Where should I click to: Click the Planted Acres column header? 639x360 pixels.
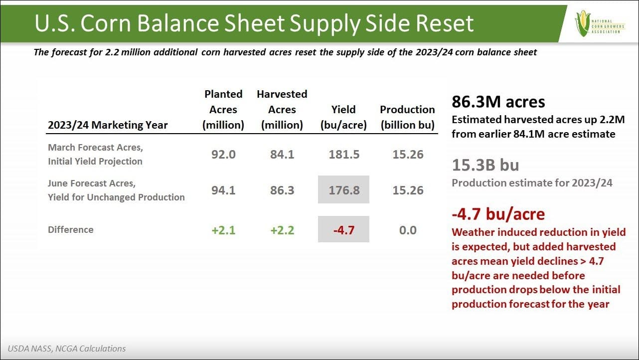tap(223, 109)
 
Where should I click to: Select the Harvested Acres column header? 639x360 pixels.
tap(282, 109)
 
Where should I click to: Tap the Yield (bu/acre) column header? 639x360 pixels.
tap(343, 117)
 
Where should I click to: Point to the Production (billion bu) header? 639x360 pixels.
tap(407, 117)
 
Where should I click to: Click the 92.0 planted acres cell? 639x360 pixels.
tap(223, 155)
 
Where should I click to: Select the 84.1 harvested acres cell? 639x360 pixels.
tap(282, 155)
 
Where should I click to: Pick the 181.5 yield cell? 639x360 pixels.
tap(344, 155)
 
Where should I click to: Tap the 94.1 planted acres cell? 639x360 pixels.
tap(223, 190)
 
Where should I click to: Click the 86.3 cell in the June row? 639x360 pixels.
tap(282, 190)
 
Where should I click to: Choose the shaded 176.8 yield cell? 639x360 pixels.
tap(344, 189)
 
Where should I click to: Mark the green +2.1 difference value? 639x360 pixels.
tap(223, 230)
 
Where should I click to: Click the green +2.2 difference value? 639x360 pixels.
tap(282, 230)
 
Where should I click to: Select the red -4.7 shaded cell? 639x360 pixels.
tap(344, 229)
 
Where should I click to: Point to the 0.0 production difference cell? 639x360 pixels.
tap(407, 230)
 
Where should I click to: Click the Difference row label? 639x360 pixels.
tap(71, 230)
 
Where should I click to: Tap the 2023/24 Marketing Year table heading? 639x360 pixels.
tap(108, 125)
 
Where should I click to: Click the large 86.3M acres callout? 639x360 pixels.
tap(498, 102)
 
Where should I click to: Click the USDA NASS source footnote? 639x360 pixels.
tap(67, 349)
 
